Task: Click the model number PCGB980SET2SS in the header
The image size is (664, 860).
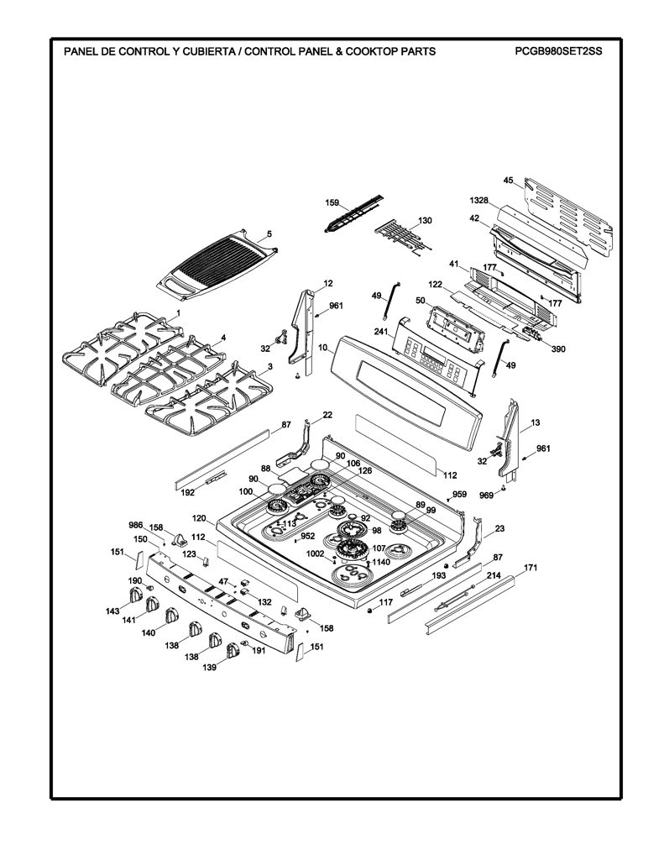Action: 558,51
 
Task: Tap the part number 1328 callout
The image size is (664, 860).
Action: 478,202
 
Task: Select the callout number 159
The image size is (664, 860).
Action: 332,203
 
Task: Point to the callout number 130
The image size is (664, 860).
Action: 425,221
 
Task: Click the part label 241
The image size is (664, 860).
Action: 381,331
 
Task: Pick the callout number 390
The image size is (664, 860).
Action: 558,349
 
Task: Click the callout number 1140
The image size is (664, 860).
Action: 381,562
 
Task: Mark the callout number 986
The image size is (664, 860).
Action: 135,524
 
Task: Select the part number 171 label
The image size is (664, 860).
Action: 531,568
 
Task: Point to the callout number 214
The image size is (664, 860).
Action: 494,575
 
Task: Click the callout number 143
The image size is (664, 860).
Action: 113,611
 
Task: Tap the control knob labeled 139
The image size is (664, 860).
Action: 233,651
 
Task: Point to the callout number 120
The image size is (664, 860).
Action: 199,518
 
